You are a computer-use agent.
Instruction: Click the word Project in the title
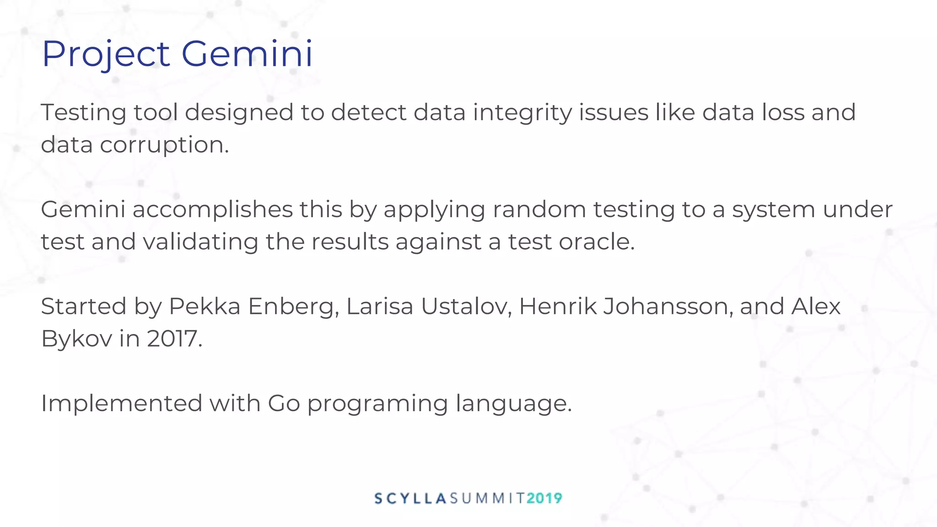point(106,54)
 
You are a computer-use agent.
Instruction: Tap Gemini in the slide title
point(247,54)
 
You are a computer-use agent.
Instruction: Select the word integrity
point(522,113)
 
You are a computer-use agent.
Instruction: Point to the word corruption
point(164,145)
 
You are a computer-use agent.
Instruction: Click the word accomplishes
point(212,210)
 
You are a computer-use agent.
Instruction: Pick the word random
point(539,210)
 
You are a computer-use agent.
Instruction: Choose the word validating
point(200,242)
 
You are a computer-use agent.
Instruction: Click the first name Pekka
point(205,307)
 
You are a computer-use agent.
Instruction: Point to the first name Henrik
point(558,307)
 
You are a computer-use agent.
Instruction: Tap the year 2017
point(174,339)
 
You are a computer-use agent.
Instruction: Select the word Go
point(284,403)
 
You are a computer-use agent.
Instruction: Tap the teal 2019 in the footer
point(544,498)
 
